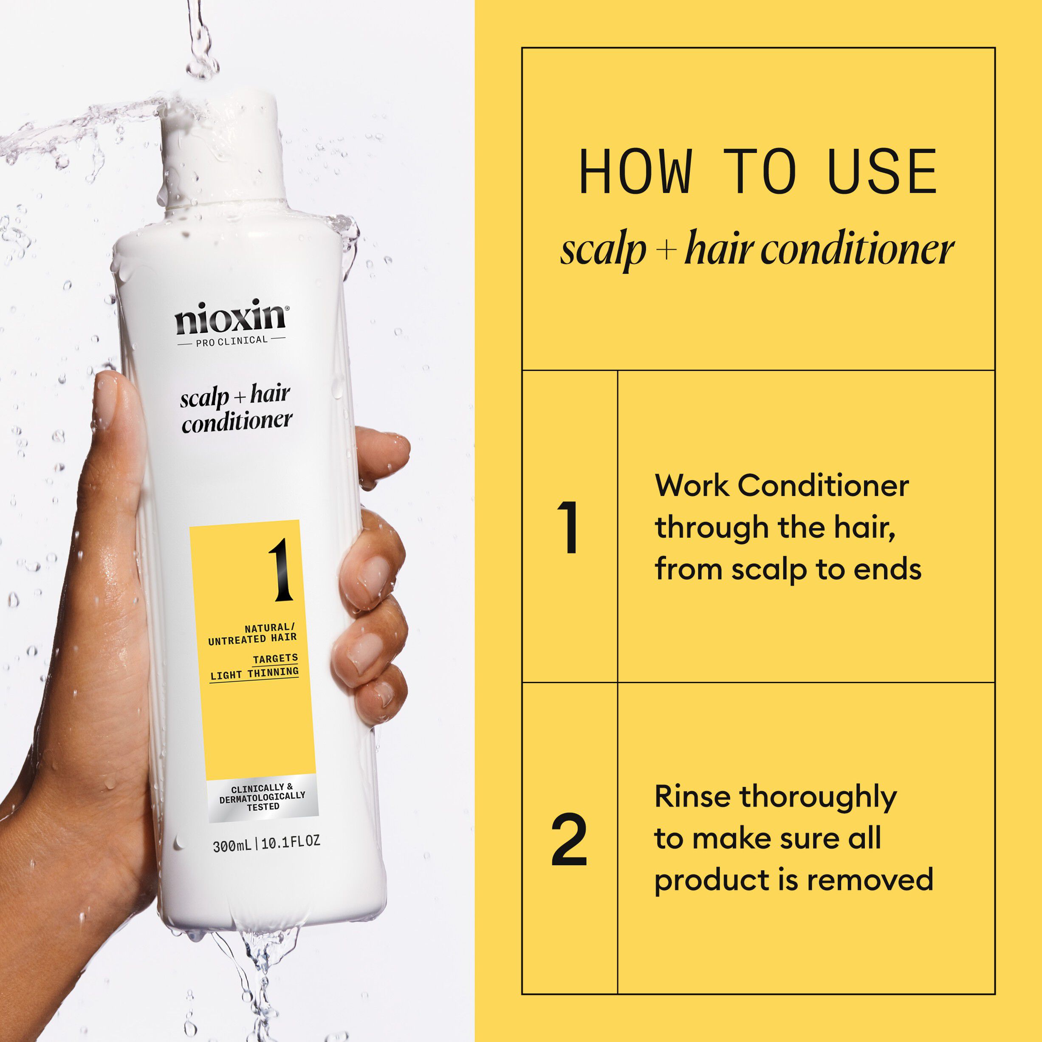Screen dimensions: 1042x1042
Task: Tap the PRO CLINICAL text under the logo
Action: tap(232, 341)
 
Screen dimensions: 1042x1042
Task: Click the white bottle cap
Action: tap(222, 151)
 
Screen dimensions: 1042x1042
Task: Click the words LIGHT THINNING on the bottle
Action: tap(254, 673)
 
